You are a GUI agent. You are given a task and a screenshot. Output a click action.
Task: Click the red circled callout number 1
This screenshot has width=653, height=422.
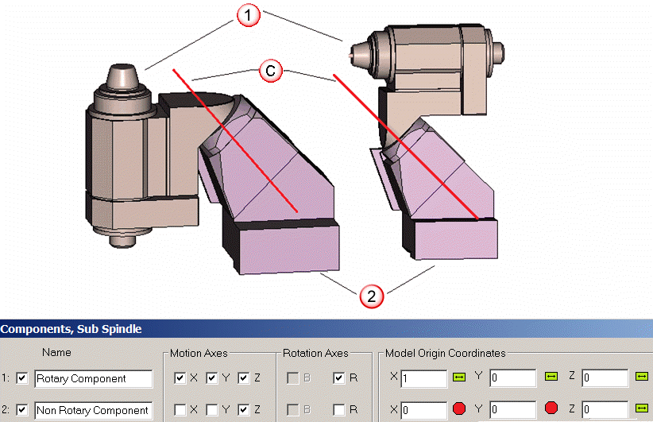(x=248, y=15)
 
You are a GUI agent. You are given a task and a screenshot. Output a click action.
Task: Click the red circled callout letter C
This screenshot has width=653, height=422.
(x=271, y=71)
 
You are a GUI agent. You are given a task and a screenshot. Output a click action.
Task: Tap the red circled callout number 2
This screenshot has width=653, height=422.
(x=371, y=296)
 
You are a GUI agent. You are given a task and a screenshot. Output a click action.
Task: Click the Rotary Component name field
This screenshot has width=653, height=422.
(x=94, y=378)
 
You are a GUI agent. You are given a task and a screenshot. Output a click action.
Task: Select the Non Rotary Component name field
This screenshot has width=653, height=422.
(x=94, y=410)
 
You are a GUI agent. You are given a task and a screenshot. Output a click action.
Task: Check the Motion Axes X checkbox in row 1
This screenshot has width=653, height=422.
(x=180, y=377)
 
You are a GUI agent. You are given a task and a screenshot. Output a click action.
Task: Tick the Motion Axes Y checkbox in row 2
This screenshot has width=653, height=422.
(x=212, y=410)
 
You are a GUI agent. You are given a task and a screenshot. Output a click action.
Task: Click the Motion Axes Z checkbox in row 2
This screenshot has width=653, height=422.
(x=244, y=410)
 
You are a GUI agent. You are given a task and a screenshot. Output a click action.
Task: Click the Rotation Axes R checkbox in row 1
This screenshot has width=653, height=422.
(x=339, y=377)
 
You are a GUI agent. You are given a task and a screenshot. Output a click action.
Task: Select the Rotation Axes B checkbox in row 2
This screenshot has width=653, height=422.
(x=293, y=410)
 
